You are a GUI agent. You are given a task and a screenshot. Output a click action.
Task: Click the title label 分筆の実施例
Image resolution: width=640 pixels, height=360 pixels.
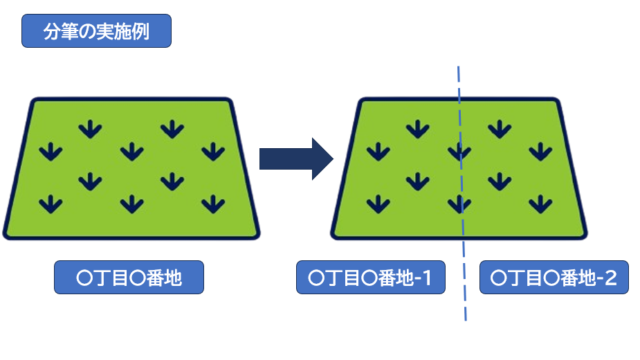(96, 30)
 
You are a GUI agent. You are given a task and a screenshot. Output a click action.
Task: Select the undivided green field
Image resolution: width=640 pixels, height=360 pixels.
(130, 167)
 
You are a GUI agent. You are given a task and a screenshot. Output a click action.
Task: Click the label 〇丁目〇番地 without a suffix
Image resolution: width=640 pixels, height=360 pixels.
(129, 277)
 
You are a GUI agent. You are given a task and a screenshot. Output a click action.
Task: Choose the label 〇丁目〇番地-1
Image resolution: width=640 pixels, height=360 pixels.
(371, 277)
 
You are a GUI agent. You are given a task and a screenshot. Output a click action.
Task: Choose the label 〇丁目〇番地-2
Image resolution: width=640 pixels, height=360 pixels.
(554, 277)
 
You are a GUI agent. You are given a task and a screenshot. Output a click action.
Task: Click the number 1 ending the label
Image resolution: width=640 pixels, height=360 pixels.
(424, 277)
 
